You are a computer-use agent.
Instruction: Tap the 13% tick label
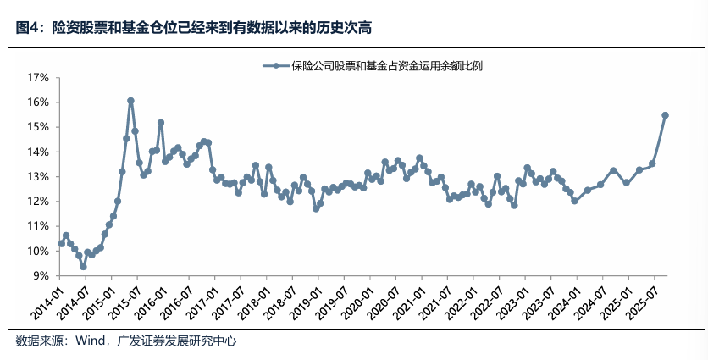39,176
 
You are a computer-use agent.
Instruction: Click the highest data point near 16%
130,101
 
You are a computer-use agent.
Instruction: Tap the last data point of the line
666,115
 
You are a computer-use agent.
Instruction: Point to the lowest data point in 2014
83,267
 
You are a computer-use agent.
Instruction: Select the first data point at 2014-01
61,243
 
